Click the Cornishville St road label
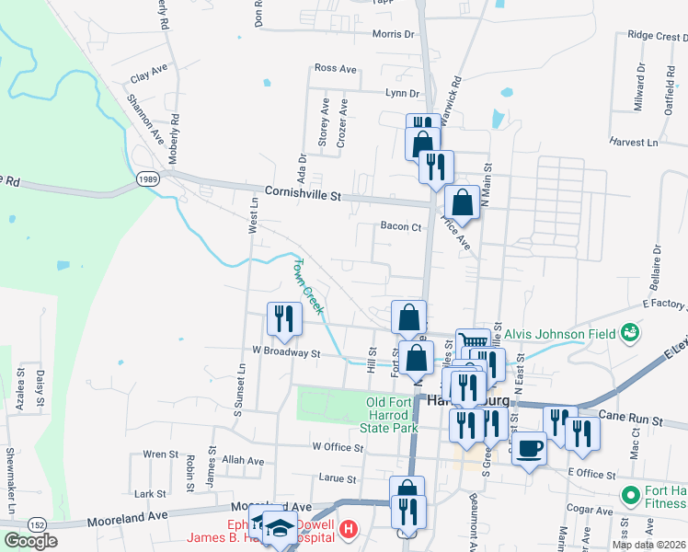[303, 195]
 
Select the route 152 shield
[37, 523]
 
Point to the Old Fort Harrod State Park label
[393, 414]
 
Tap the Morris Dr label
[394, 34]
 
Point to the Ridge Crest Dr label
[657, 36]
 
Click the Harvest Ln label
[634, 143]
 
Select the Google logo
[30, 541]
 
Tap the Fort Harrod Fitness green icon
[630, 496]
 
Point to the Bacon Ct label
[400, 226]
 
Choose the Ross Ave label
[335, 68]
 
